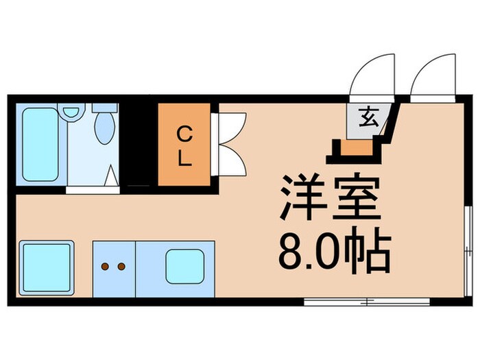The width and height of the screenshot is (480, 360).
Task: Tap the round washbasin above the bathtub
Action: [69, 111]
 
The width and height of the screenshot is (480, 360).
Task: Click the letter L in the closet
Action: [184, 158]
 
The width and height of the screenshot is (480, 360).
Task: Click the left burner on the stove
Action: [106, 265]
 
